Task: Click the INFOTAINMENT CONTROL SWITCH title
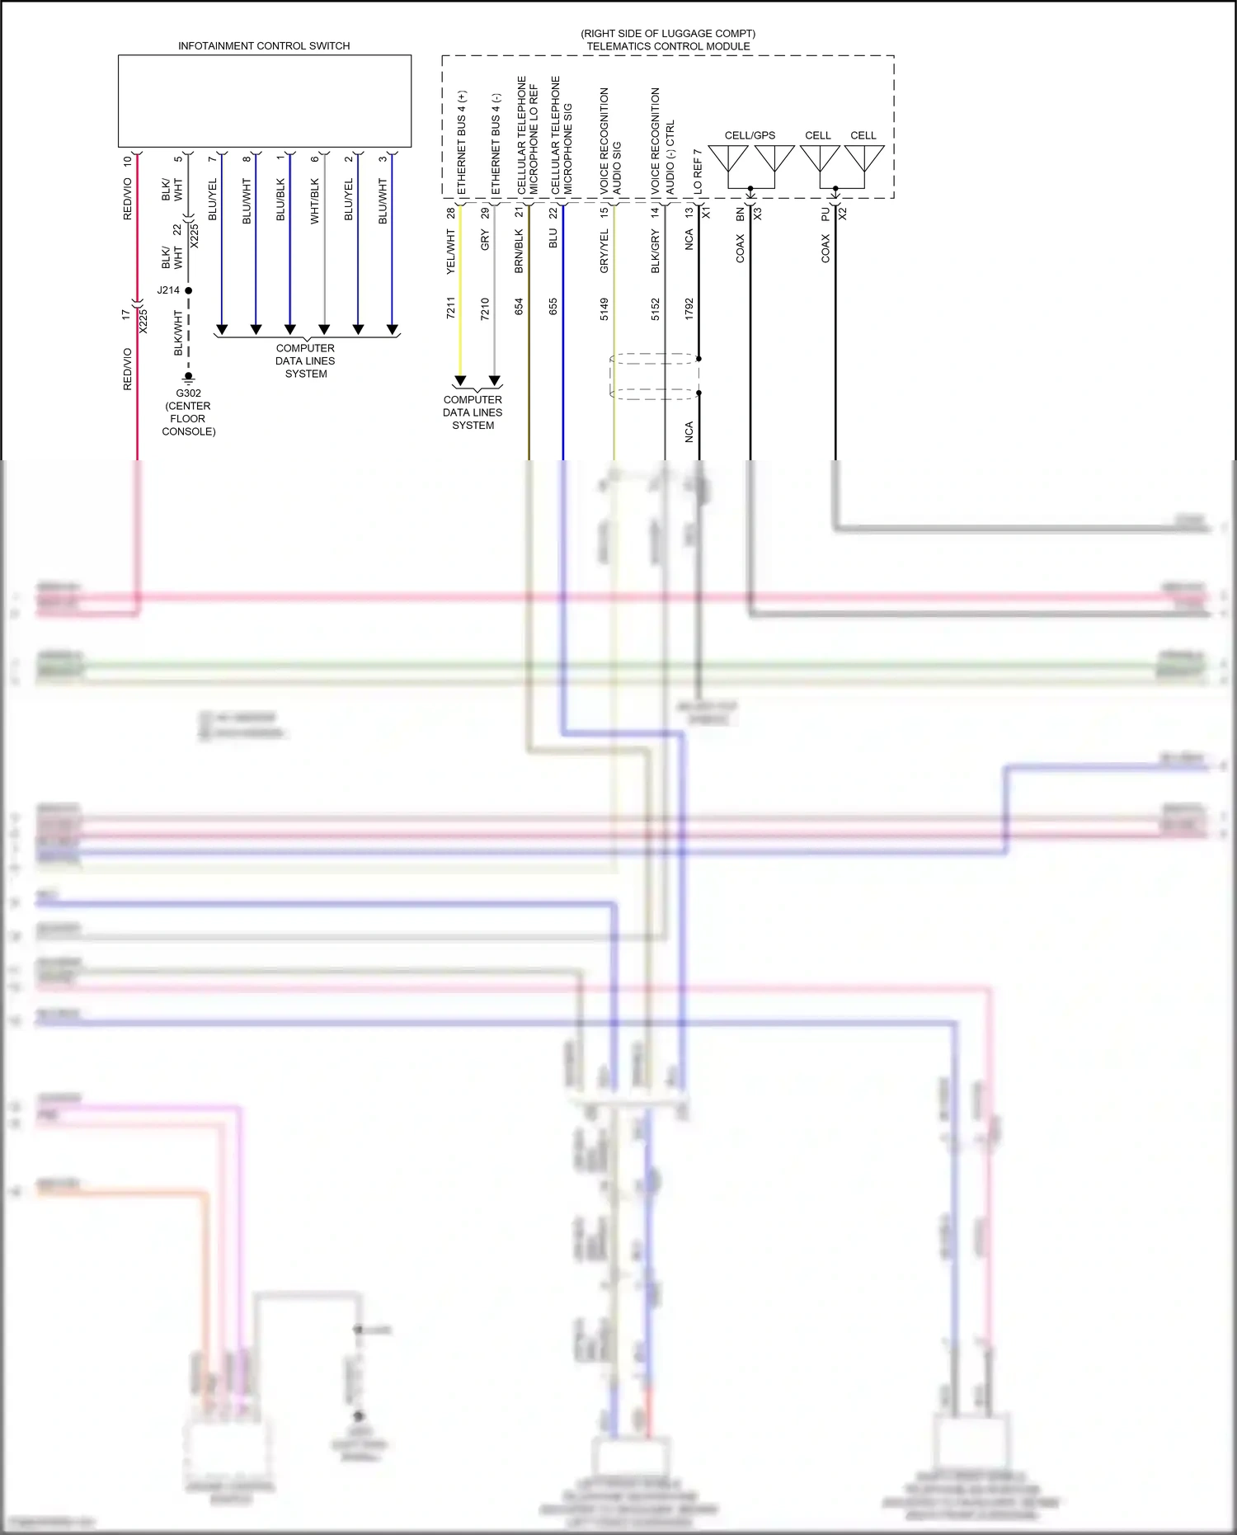tap(264, 46)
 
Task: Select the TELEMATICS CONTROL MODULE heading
tap(668, 46)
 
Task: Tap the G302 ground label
tap(188, 393)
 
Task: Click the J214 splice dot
tap(189, 290)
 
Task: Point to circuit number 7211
tap(451, 308)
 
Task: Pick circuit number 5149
tap(604, 308)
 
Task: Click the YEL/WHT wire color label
tap(451, 252)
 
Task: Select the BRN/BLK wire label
tap(520, 252)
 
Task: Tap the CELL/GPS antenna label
tap(750, 135)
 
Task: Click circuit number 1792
tap(689, 308)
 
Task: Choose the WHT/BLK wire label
tap(315, 200)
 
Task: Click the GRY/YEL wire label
tap(604, 252)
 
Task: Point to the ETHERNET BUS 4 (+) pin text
tap(462, 142)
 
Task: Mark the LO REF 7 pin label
tap(698, 171)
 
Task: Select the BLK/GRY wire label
tap(656, 252)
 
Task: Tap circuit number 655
tap(553, 306)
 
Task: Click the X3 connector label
tap(757, 213)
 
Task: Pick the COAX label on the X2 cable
tap(825, 248)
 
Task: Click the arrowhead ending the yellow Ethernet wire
tap(460, 380)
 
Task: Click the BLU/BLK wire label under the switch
tap(280, 199)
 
